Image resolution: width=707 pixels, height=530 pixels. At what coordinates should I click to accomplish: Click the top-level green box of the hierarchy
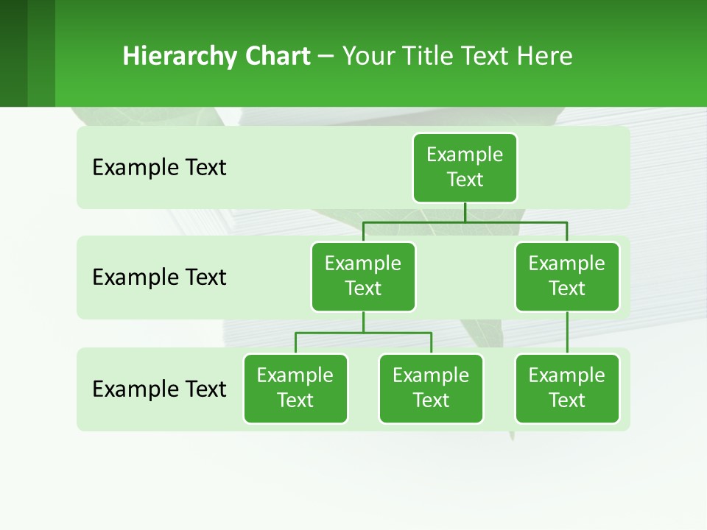[x=465, y=167]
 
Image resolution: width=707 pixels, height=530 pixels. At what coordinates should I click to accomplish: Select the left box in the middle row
[x=363, y=276]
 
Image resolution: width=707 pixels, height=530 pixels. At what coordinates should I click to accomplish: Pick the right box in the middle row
[x=567, y=276]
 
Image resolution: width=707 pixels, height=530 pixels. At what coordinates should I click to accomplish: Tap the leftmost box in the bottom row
[x=295, y=388]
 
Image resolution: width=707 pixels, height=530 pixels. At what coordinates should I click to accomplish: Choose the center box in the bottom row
[x=431, y=388]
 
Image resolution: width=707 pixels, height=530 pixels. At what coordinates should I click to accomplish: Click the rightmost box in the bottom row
[x=567, y=388]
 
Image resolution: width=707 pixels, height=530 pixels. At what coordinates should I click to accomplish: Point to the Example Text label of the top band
[x=159, y=168]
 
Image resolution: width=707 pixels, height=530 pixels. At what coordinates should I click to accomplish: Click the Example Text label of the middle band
[x=159, y=278]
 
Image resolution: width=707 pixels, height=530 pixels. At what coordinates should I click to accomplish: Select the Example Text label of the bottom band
[x=159, y=389]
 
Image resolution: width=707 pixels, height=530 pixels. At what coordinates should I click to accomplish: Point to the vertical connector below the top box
[x=465, y=212]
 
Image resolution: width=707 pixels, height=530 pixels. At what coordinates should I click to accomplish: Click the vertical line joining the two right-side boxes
[x=567, y=333]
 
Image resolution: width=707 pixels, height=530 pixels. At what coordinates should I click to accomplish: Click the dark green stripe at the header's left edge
[x=13, y=53]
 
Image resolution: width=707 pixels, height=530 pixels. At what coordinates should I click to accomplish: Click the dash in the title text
[x=326, y=57]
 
